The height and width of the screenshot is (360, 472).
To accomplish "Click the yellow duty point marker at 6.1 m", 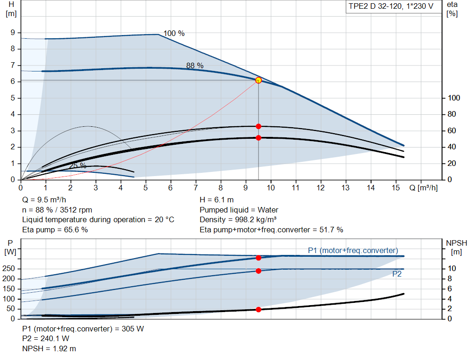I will (x=258, y=80).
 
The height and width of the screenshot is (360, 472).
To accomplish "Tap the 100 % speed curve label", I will (x=174, y=33).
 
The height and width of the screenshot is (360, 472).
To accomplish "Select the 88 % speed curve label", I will (x=195, y=65).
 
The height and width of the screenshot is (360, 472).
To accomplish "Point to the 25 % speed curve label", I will (x=77, y=165).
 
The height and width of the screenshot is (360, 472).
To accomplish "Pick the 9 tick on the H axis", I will (x=13, y=32).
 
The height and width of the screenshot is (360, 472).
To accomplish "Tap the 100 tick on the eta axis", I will (x=454, y=98).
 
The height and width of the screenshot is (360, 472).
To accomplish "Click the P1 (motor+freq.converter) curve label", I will (x=353, y=250).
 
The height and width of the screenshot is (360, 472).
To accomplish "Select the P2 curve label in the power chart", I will (x=396, y=274).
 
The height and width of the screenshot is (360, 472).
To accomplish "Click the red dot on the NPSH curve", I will (x=258, y=309).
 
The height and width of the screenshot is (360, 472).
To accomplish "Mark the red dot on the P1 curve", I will (x=258, y=258).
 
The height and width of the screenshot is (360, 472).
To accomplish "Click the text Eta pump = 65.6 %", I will (x=55, y=230).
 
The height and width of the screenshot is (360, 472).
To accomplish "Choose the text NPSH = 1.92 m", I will (x=49, y=348).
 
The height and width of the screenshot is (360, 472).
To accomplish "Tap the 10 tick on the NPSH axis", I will (x=452, y=269).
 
